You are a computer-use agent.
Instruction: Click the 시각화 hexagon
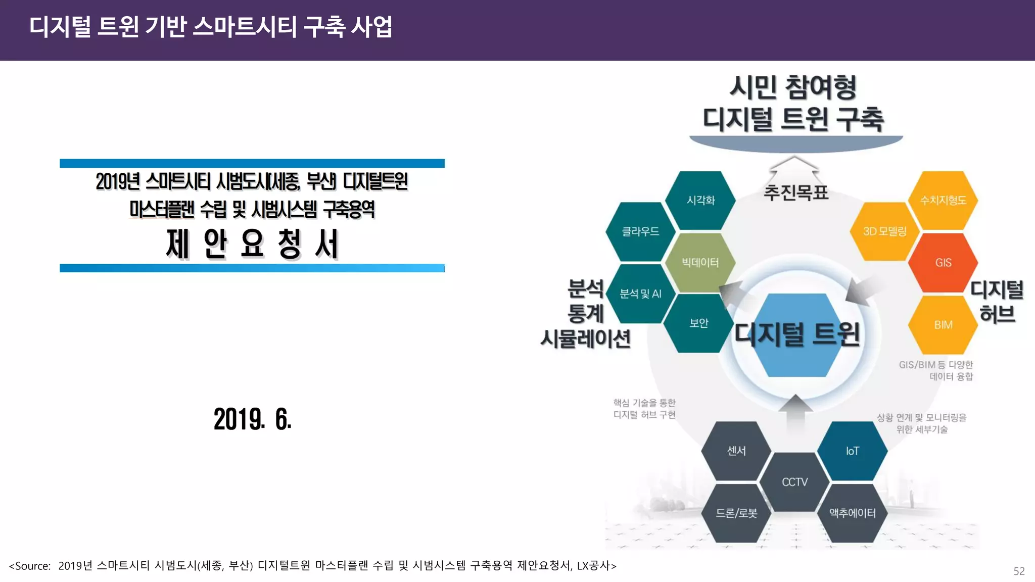(x=700, y=201)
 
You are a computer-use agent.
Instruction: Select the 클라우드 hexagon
(x=640, y=231)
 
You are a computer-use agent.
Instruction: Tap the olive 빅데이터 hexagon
(x=700, y=263)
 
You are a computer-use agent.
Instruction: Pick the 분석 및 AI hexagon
(x=640, y=294)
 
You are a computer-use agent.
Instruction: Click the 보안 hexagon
(x=699, y=323)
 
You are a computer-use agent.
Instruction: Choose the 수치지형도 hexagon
(x=943, y=201)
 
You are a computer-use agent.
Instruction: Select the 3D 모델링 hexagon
(x=884, y=231)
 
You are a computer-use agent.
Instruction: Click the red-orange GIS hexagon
(x=943, y=263)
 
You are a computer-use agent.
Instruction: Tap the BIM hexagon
(x=943, y=325)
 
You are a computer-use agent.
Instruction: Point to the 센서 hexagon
(x=736, y=451)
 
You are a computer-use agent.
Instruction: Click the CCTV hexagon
(x=795, y=482)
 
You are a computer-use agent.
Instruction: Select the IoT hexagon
(x=852, y=451)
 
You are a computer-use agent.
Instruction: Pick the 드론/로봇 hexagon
(x=736, y=513)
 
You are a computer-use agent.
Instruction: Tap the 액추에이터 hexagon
(x=852, y=513)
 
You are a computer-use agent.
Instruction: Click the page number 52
(x=1019, y=571)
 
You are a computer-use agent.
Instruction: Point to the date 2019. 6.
(x=253, y=419)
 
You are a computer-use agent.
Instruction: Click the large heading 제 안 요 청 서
(x=252, y=244)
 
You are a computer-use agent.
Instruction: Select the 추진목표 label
(x=796, y=192)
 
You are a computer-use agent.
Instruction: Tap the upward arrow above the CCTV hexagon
(x=796, y=412)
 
